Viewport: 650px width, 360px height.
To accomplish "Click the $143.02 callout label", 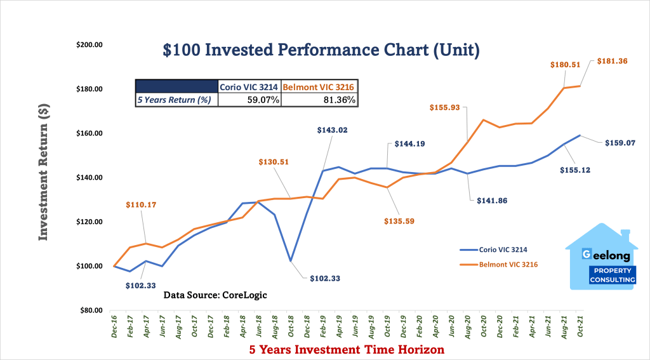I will click(x=333, y=130).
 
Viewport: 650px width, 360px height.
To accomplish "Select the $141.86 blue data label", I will click(x=494, y=200).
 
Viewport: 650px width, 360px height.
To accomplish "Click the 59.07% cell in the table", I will click(x=248, y=100).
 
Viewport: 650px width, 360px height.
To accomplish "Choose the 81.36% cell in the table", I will click(x=319, y=100).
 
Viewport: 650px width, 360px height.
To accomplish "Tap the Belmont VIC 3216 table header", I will click(x=319, y=87).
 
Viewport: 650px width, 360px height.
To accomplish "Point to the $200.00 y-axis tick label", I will click(x=90, y=45).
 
